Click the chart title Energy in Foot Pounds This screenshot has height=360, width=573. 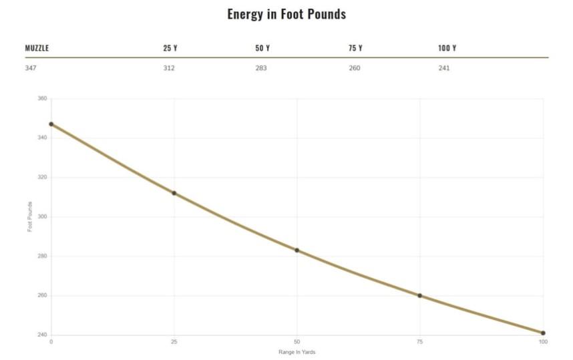[x=286, y=14]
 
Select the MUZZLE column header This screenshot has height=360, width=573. [x=37, y=48]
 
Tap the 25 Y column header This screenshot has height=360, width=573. [x=170, y=48]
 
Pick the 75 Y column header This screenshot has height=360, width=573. [x=355, y=48]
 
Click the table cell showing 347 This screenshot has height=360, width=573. [x=31, y=68]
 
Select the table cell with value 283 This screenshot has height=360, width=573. [x=260, y=68]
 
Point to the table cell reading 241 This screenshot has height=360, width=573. [x=444, y=68]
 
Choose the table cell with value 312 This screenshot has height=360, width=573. [x=169, y=68]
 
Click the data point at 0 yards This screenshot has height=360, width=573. [x=51, y=124]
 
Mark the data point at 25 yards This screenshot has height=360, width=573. [x=174, y=193]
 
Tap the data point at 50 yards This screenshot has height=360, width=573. [x=297, y=250]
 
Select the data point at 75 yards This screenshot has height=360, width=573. [x=420, y=295]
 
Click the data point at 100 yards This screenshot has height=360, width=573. [x=543, y=333]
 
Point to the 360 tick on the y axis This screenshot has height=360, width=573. [x=42, y=99]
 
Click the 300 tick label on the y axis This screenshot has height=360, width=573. [x=42, y=217]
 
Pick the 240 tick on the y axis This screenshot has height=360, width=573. [x=42, y=335]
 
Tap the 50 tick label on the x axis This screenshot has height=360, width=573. [x=297, y=342]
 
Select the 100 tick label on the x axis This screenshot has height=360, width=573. [x=543, y=342]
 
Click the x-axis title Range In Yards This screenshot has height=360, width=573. [x=297, y=352]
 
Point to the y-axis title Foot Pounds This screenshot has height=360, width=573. [x=30, y=217]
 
